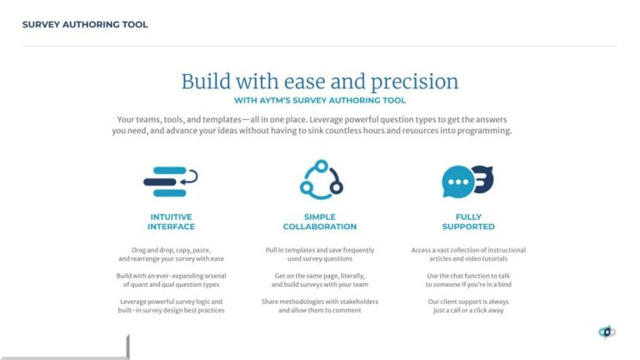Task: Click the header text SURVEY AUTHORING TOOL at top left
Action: (85, 25)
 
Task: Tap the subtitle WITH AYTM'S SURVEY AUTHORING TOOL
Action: (320, 100)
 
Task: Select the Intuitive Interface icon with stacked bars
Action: (171, 181)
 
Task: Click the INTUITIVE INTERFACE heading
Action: (171, 222)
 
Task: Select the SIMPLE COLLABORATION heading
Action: (319, 222)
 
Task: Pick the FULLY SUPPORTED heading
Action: (468, 222)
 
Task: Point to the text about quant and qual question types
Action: (171, 284)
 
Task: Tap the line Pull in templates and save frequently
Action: (319, 250)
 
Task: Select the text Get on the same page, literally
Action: (319, 275)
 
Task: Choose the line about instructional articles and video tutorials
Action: (468, 259)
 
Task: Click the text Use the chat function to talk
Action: (468, 275)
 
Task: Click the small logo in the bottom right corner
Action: (607, 332)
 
